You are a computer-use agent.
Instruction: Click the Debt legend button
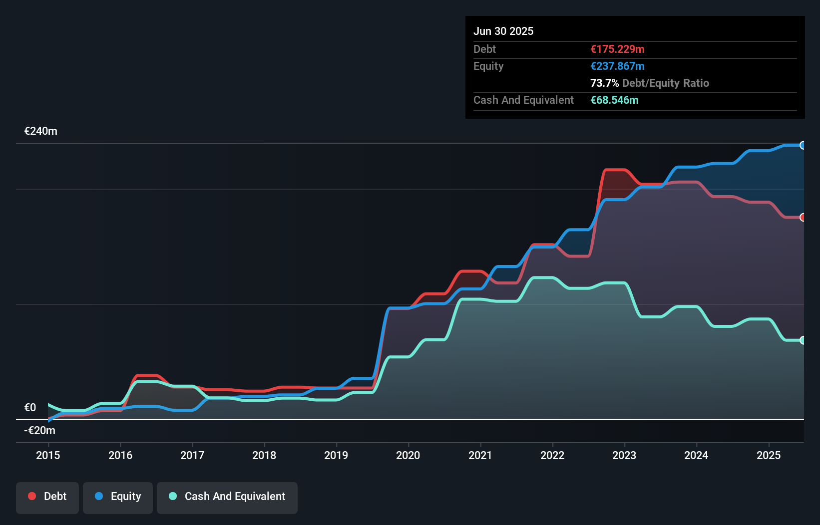click(x=47, y=497)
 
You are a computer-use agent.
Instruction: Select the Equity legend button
click(x=118, y=497)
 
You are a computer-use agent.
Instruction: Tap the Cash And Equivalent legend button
click(x=227, y=497)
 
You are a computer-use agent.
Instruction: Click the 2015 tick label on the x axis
click(x=48, y=455)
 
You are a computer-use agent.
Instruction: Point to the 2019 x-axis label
click(x=336, y=455)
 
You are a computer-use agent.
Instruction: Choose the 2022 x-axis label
click(x=552, y=455)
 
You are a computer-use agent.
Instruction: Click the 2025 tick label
click(x=769, y=455)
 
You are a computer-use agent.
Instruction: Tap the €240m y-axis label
click(x=41, y=131)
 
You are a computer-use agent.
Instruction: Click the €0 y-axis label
click(x=30, y=408)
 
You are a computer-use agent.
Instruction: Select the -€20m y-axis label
click(x=40, y=431)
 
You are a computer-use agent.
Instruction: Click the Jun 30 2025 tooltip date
click(x=503, y=31)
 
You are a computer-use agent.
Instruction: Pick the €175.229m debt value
click(x=617, y=49)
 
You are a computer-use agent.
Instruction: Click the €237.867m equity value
click(x=617, y=66)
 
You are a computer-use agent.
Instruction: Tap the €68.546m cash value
click(x=614, y=100)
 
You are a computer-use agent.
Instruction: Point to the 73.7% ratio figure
click(x=604, y=83)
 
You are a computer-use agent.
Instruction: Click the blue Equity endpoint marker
click(x=803, y=145)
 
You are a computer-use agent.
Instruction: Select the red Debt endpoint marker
click(x=803, y=217)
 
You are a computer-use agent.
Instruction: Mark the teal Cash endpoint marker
click(x=803, y=340)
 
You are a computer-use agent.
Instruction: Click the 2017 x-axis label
click(x=192, y=455)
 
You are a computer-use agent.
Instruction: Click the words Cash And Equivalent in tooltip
click(x=523, y=100)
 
